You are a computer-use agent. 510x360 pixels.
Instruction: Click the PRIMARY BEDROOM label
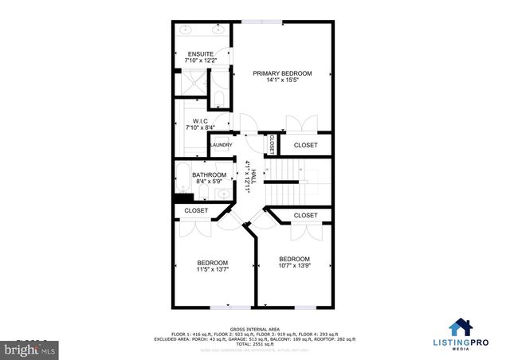pyautogui.click(x=282, y=73)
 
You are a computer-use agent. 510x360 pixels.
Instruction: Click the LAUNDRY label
pyautogui.click(x=221, y=145)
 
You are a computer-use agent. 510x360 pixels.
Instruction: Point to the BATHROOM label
pyautogui.click(x=209, y=174)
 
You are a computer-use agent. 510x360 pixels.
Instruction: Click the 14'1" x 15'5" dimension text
pyautogui.click(x=282, y=80)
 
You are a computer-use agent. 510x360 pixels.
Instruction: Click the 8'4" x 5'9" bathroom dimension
pyautogui.click(x=209, y=182)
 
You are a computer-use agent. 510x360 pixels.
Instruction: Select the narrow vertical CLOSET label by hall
pyautogui.click(x=272, y=144)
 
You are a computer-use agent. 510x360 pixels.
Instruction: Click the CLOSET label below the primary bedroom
pyautogui.click(x=305, y=145)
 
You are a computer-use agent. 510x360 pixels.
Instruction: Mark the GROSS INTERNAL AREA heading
pyautogui.click(x=255, y=329)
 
